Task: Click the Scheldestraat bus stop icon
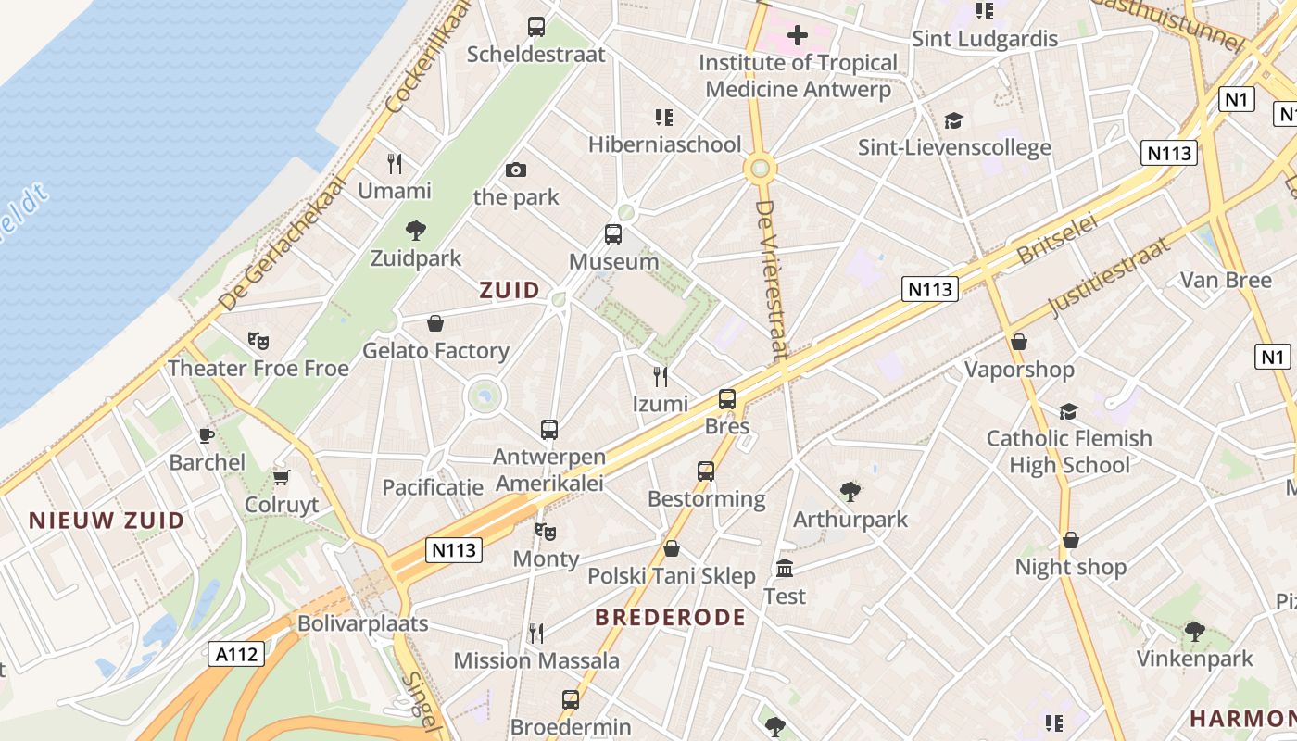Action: tap(536, 27)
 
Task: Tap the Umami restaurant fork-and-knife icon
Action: tap(395, 164)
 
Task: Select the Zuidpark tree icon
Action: tap(416, 231)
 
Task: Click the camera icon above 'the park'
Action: tap(516, 170)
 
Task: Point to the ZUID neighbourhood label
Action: tap(510, 290)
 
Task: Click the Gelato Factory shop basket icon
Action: tap(435, 323)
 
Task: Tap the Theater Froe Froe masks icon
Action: tap(258, 341)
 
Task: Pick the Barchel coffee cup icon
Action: tap(207, 435)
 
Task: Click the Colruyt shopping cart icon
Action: tap(282, 478)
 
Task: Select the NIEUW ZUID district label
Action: tap(107, 521)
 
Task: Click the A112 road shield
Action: tap(236, 655)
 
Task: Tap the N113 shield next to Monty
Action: tap(455, 550)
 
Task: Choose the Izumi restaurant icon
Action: tap(661, 376)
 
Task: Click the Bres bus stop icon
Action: tap(727, 399)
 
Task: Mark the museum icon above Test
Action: tap(785, 568)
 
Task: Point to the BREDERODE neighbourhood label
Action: tap(670, 618)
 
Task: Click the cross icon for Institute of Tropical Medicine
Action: tap(797, 36)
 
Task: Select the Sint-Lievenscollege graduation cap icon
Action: tap(953, 120)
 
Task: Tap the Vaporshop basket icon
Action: tap(1019, 342)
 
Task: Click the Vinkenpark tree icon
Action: tap(1195, 632)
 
